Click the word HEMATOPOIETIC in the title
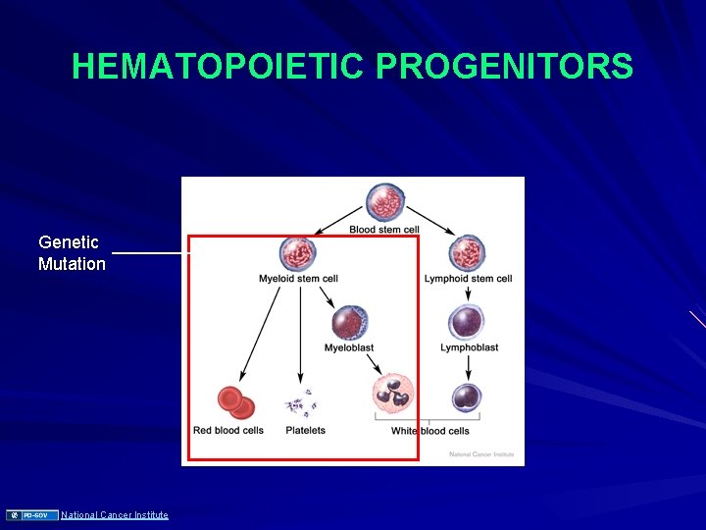pos(219,67)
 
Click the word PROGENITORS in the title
pos(505,67)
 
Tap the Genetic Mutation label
pos(72,252)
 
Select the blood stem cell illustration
pos(384,203)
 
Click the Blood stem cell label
pos(383,230)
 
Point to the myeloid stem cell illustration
pos(298,253)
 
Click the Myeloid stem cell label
pos(298,279)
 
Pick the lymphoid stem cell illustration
pos(468,254)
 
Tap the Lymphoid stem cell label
pos(468,279)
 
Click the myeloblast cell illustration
pos(349,323)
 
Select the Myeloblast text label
pos(349,347)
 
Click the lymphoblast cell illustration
pos(468,322)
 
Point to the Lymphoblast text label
pos(469,347)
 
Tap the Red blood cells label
pos(228,430)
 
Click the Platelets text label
pos(305,430)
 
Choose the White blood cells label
pos(429,431)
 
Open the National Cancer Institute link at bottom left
pos(115,515)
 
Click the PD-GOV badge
pos(33,515)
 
